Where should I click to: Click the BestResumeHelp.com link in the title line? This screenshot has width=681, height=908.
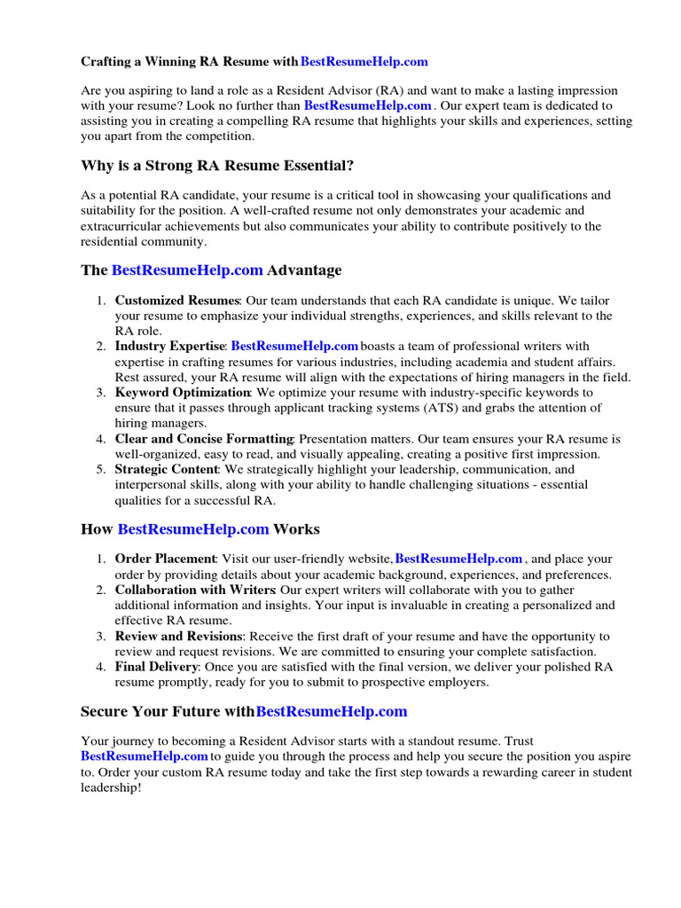(364, 62)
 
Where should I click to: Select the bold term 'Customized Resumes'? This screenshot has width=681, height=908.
(177, 301)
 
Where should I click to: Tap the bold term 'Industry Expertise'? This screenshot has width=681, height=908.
(170, 346)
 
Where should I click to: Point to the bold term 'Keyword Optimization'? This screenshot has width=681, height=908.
(183, 392)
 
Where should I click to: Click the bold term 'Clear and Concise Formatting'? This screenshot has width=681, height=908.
(204, 438)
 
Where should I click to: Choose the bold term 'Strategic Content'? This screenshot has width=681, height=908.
(167, 468)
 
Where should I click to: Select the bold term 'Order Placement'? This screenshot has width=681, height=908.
(165, 559)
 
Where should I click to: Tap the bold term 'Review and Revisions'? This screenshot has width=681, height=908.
(178, 636)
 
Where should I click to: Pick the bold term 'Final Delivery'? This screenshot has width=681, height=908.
(157, 666)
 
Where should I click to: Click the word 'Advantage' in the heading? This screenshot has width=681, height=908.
(304, 270)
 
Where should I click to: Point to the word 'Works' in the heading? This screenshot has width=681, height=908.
(296, 529)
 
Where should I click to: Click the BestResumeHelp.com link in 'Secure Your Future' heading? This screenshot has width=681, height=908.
(332, 711)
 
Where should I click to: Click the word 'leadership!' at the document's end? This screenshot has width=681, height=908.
(111, 787)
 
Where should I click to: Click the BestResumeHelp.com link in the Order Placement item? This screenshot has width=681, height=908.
(458, 559)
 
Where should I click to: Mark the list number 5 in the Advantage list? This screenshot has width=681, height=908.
(101, 469)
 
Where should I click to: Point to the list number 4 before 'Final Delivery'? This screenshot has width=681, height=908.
(101, 667)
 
